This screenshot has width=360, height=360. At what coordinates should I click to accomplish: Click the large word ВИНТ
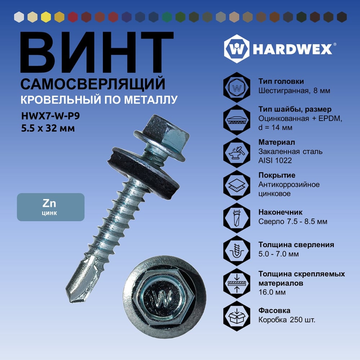[x=96, y=52]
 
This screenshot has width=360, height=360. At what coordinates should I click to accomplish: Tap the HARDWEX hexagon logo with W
[x=237, y=49]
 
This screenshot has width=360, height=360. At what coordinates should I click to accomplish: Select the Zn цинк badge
[x=51, y=207]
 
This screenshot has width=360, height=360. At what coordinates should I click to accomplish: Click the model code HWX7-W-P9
[x=50, y=116]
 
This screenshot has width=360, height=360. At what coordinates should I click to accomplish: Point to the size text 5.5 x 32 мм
[x=48, y=128]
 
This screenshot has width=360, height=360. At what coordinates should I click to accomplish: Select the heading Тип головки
[x=281, y=81]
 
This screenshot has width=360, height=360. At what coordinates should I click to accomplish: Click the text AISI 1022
[x=275, y=161]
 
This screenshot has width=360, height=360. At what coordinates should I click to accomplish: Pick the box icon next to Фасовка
[x=237, y=316]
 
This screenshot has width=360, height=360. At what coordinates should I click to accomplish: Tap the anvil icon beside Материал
[x=237, y=152]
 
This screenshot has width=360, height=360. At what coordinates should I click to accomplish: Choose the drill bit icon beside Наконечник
[x=237, y=218]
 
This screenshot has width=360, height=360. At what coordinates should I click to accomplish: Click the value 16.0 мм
[x=272, y=292]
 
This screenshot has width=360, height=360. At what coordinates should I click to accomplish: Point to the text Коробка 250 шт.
[x=287, y=320]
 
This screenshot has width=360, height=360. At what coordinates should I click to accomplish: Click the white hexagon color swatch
[x=19, y=17]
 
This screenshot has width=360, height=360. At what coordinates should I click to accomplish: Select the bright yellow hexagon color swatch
[x=46, y=17]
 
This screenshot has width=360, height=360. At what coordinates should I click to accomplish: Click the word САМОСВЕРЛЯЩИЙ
[x=93, y=84]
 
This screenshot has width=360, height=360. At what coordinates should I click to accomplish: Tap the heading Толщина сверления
[x=296, y=245]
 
